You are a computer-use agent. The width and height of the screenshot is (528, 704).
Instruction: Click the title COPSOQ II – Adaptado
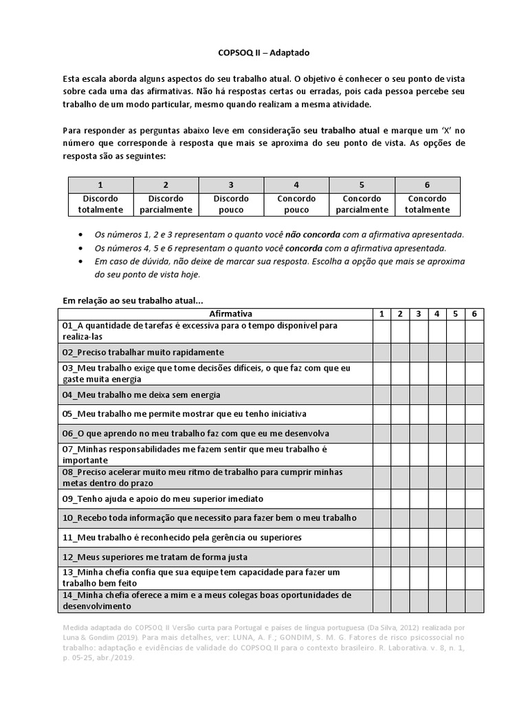pos(264,52)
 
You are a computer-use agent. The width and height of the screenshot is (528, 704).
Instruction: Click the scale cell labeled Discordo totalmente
pos(100,204)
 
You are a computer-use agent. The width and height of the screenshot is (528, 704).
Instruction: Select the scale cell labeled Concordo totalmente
pos(428,204)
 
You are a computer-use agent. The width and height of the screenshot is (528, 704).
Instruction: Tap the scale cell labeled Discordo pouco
pos(231,204)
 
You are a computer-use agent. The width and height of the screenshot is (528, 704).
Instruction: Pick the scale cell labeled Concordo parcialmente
pos(362,204)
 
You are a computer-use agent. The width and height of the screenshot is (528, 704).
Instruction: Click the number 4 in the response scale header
pos(296,185)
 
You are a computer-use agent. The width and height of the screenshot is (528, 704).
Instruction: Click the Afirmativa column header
pos(214,313)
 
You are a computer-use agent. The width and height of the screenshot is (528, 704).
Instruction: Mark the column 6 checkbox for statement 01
pos(474,331)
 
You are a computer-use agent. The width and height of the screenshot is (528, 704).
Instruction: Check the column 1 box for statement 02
pos(382,352)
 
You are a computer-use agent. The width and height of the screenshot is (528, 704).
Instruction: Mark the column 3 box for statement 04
pos(419,395)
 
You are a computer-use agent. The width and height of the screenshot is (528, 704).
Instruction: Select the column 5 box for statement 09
pos(456,498)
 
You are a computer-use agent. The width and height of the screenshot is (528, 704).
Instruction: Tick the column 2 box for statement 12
pos(400,556)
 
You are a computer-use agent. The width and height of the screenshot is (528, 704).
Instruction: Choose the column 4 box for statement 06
pos(437,433)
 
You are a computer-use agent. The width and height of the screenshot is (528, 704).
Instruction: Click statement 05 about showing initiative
pos(184,414)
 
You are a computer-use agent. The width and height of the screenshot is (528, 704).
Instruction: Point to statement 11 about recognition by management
pos(182,537)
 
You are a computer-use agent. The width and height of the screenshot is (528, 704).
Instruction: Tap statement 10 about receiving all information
pos(209,518)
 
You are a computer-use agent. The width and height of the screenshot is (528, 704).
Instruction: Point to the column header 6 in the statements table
pos(474,313)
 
